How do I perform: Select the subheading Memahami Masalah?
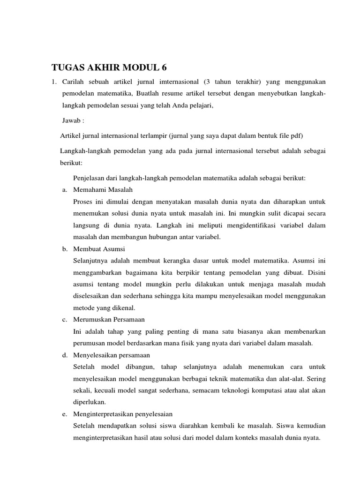[x=103, y=190]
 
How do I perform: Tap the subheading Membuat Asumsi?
[x=99, y=248]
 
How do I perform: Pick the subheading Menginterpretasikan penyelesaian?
[x=123, y=414]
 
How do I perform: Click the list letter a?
[x=64, y=190]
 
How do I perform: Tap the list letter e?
[x=64, y=414]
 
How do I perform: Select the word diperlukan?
[x=90, y=402]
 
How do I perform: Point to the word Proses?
[x=83, y=202]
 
